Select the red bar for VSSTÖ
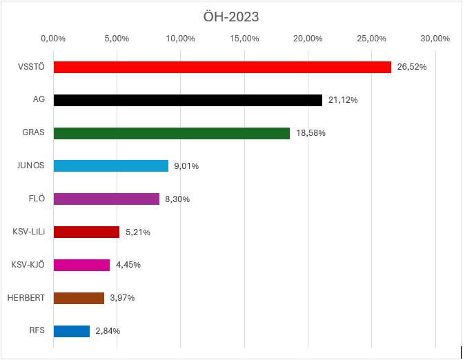(221, 67)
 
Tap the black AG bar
(187, 100)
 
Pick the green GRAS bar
(171, 133)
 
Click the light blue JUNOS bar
(110, 166)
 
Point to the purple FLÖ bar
(106, 199)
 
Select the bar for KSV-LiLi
(86, 232)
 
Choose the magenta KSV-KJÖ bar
(81, 265)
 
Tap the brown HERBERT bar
(78, 298)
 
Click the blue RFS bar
(71, 331)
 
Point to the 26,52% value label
(412, 67)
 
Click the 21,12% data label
(343, 100)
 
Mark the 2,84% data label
(108, 331)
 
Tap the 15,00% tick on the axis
(244, 38)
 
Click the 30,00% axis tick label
(435, 38)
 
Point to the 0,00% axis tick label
(53, 38)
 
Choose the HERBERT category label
(26, 298)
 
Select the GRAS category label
(33, 133)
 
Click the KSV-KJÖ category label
(28, 265)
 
